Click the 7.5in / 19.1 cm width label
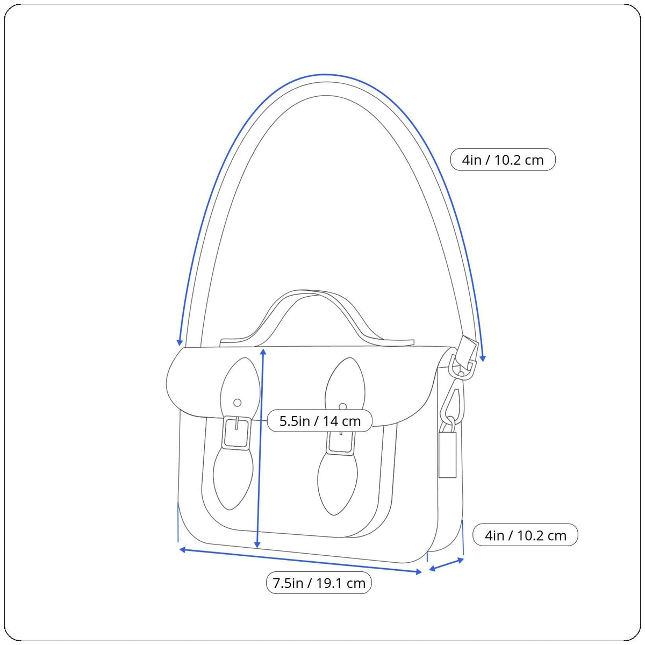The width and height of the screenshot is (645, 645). (319, 583)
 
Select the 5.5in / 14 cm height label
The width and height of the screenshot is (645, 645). (320, 421)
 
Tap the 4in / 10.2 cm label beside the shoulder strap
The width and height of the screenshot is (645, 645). (503, 160)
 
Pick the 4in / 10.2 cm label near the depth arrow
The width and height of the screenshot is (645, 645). (525, 536)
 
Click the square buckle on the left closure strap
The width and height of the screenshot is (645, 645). (236, 433)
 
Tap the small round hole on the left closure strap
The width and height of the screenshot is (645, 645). (238, 403)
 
